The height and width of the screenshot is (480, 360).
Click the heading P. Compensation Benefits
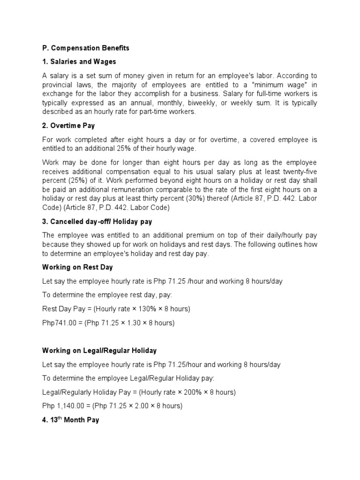[x=85, y=48]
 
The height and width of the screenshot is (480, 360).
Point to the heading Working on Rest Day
[x=77, y=267]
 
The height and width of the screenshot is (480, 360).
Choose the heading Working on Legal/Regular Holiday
[x=99, y=351]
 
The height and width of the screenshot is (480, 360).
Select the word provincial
[x=59, y=84]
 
